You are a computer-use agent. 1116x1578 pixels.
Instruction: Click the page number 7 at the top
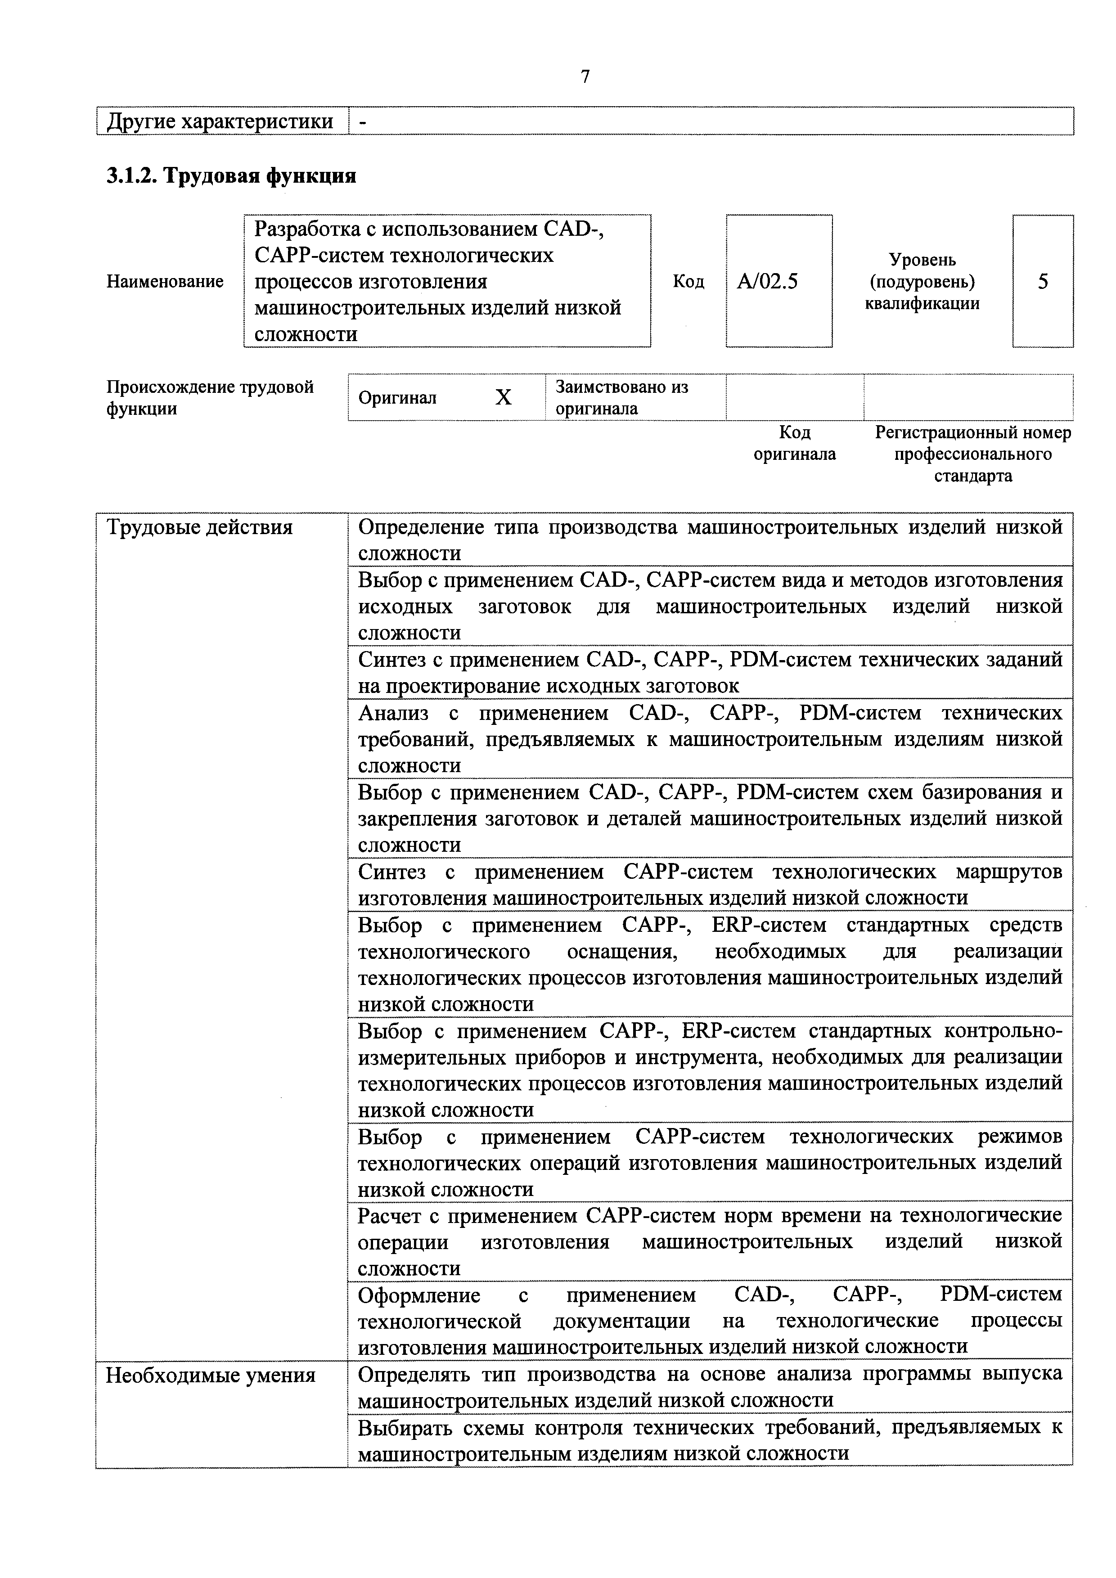[585, 76]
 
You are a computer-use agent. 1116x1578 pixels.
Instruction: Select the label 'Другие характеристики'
[220, 121]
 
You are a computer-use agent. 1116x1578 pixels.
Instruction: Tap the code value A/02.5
[767, 281]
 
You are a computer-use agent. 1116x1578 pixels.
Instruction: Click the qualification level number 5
[1043, 281]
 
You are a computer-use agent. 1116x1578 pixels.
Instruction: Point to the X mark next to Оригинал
[504, 397]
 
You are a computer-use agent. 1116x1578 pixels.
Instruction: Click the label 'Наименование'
[165, 281]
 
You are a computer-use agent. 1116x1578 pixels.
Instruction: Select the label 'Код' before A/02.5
[688, 281]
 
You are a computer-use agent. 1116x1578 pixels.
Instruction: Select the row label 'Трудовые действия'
[199, 527]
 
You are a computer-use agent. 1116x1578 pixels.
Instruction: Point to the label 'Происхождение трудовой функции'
[210, 397]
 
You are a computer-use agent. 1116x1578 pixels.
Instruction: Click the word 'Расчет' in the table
[390, 1216]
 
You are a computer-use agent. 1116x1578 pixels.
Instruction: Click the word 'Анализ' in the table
[393, 713]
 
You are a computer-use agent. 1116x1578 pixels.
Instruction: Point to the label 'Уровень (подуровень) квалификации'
[922, 281]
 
